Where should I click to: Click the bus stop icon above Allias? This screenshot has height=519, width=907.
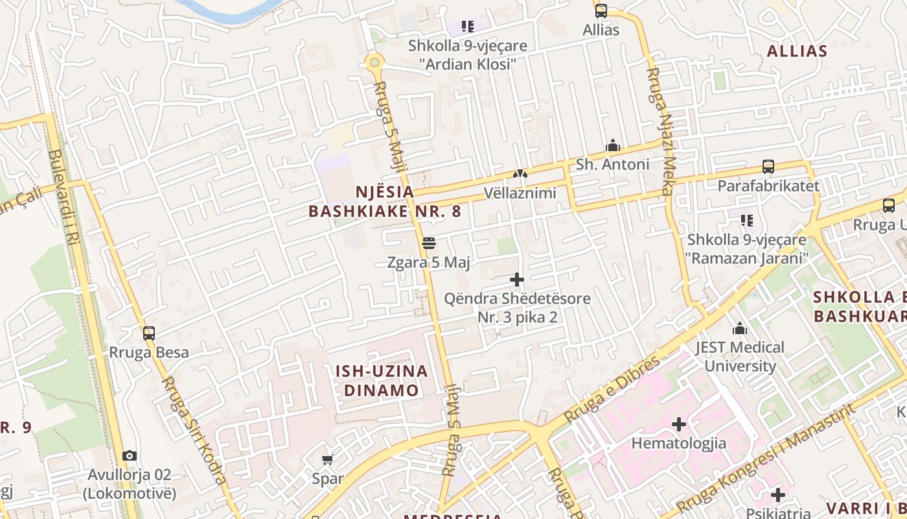[601, 10]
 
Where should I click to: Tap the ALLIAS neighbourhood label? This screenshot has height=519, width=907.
[797, 51]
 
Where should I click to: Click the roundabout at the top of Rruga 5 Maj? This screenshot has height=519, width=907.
[374, 63]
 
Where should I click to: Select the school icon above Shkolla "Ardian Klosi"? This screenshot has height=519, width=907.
[468, 27]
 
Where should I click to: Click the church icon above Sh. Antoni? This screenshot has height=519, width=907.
[612, 145]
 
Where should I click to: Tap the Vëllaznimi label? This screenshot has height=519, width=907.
[520, 193]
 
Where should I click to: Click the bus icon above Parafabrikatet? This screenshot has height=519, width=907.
[768, 167]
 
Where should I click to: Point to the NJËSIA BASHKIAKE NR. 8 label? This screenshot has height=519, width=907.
[385, 202]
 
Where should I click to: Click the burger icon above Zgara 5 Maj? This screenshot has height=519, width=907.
[428, 243]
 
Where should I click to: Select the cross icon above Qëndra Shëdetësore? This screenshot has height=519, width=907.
[517, 280]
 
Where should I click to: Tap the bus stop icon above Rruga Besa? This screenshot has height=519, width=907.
[149, 333]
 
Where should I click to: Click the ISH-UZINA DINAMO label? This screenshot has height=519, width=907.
[382, 381]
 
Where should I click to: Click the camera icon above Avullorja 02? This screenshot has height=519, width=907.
[130, 455]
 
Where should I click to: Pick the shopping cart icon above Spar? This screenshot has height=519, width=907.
[327, 459]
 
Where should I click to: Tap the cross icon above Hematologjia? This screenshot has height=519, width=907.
[678, 424]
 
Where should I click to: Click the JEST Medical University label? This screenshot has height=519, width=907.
[740, 356]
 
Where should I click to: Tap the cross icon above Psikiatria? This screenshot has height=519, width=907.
[778, 495]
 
